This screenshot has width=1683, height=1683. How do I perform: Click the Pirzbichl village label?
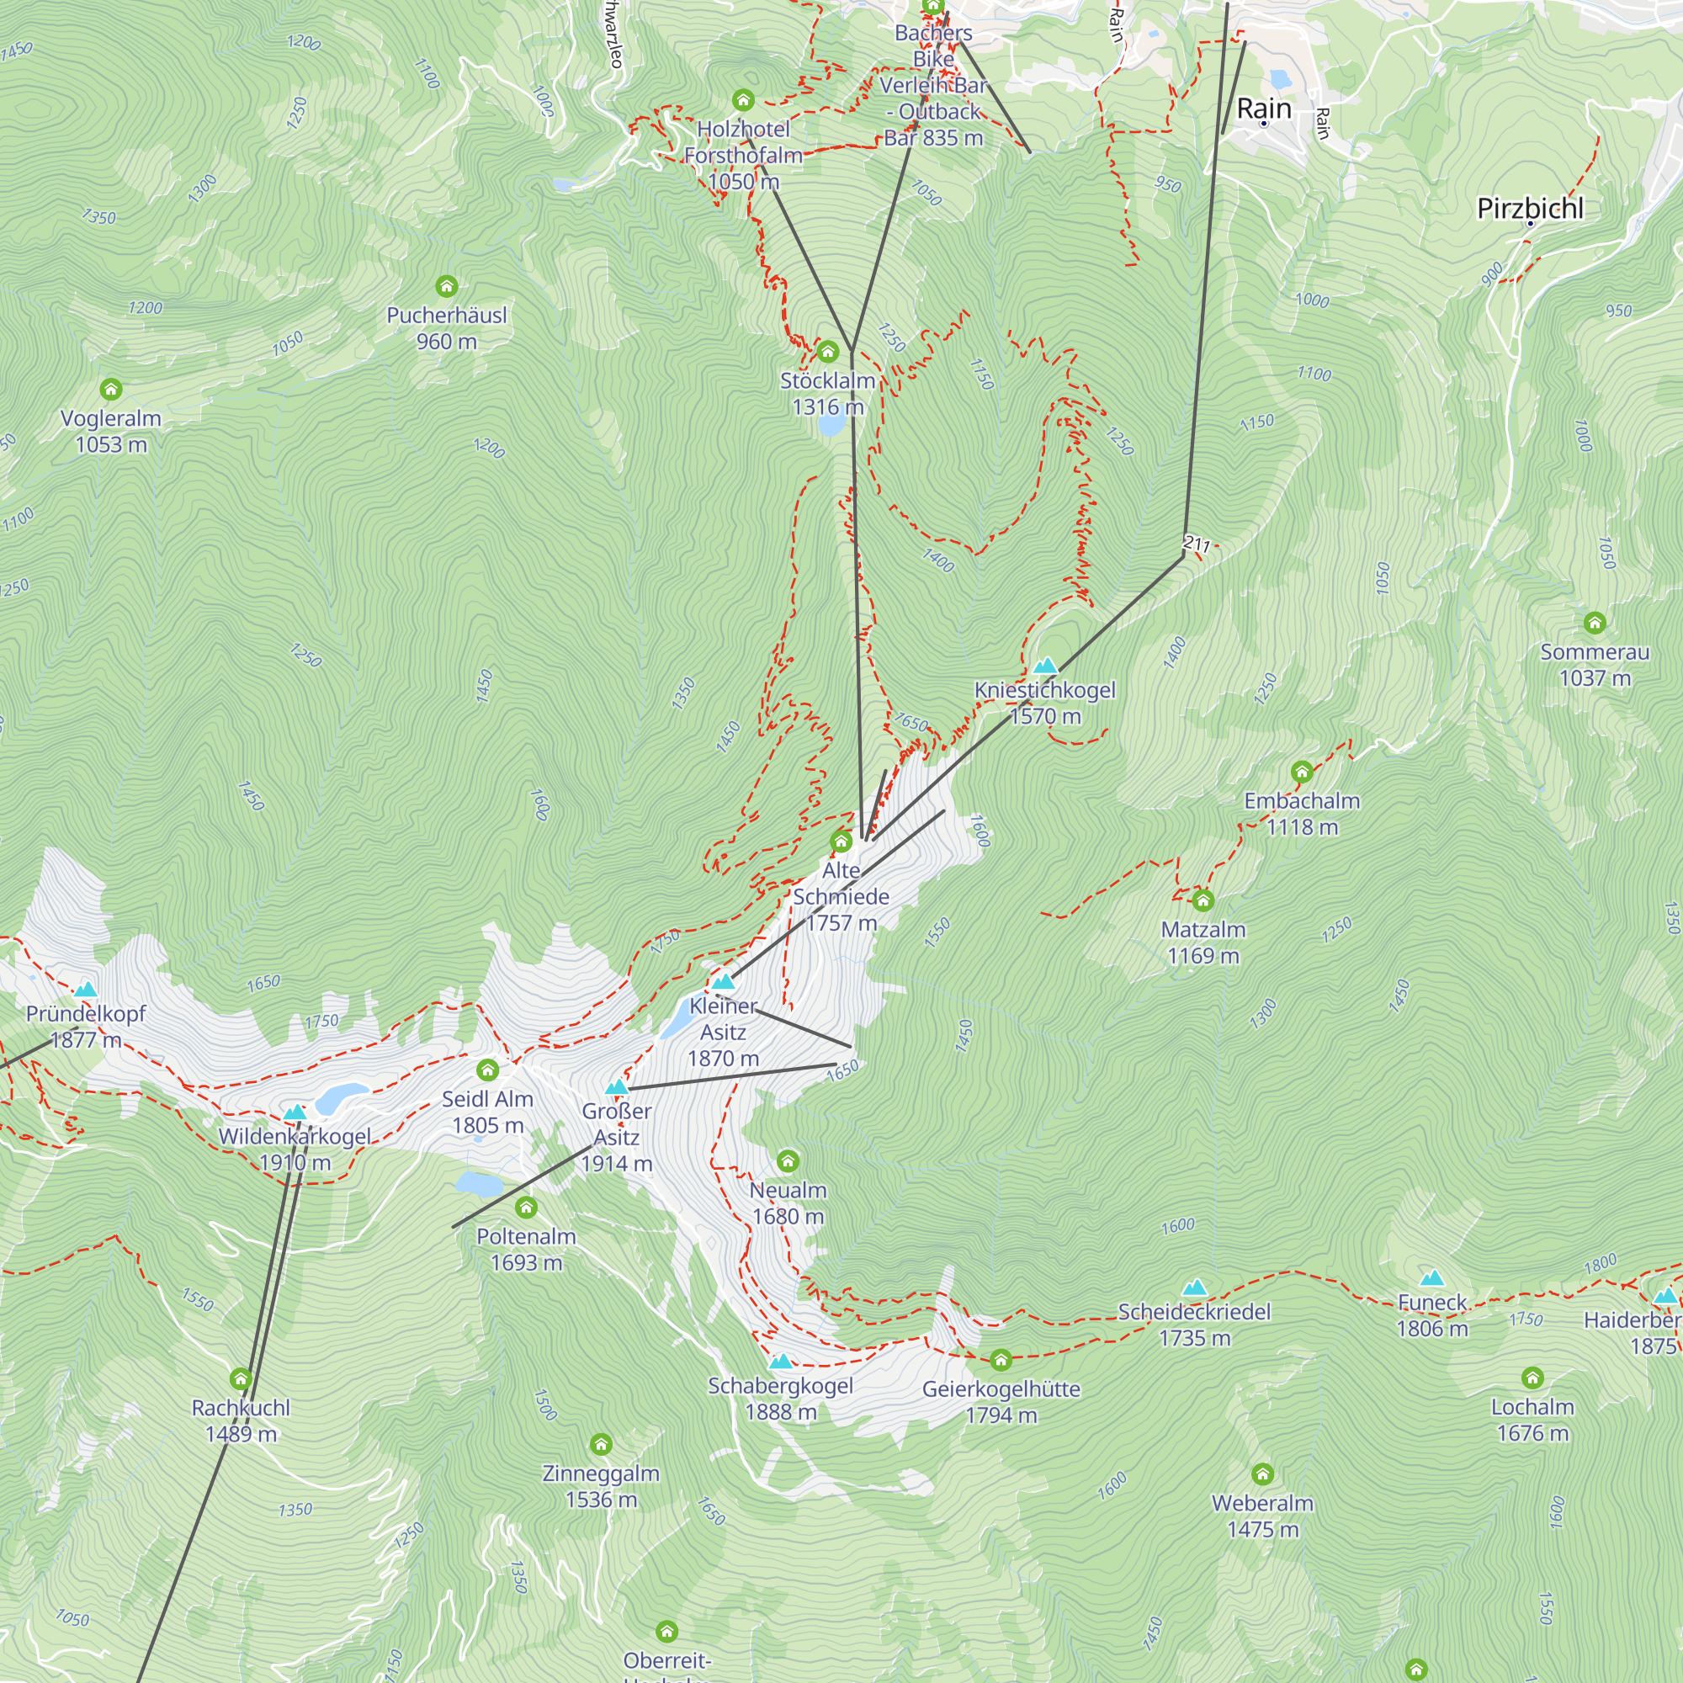pos(1530,208)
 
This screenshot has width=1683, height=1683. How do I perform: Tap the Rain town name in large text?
pos(1263,108)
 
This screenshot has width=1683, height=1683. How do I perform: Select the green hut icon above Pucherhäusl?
pos(446,286)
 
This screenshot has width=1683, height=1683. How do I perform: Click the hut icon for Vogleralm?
pos(110,389)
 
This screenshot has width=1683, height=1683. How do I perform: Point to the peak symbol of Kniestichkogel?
pos(1044,666)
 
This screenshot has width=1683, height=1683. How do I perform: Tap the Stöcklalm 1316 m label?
pos(826,394)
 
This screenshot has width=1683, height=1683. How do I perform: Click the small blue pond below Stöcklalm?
pos(831,425)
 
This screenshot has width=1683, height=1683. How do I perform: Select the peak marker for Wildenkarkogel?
pos(295,1112)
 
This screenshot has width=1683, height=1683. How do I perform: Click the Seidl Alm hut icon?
pos(487,1070)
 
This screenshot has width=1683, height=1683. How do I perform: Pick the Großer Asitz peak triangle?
pos(617,1087)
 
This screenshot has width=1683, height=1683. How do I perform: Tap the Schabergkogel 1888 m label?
pos(781,1398)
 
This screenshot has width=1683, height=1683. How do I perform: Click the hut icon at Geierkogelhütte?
pos(1000,1360)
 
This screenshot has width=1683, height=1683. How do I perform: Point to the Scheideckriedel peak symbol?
pos(1194,1288)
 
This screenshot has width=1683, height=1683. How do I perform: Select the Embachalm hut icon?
pos(1302,772)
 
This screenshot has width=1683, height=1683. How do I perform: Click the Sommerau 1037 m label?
pos(1594,665)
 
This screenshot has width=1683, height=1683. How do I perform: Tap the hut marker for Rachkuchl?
pos(241,1379)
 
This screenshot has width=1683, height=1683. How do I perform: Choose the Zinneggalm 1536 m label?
pos(600,1486)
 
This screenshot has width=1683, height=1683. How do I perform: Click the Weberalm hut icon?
pos(1262,1474)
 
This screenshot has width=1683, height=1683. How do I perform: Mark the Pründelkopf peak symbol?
pos(85,990)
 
